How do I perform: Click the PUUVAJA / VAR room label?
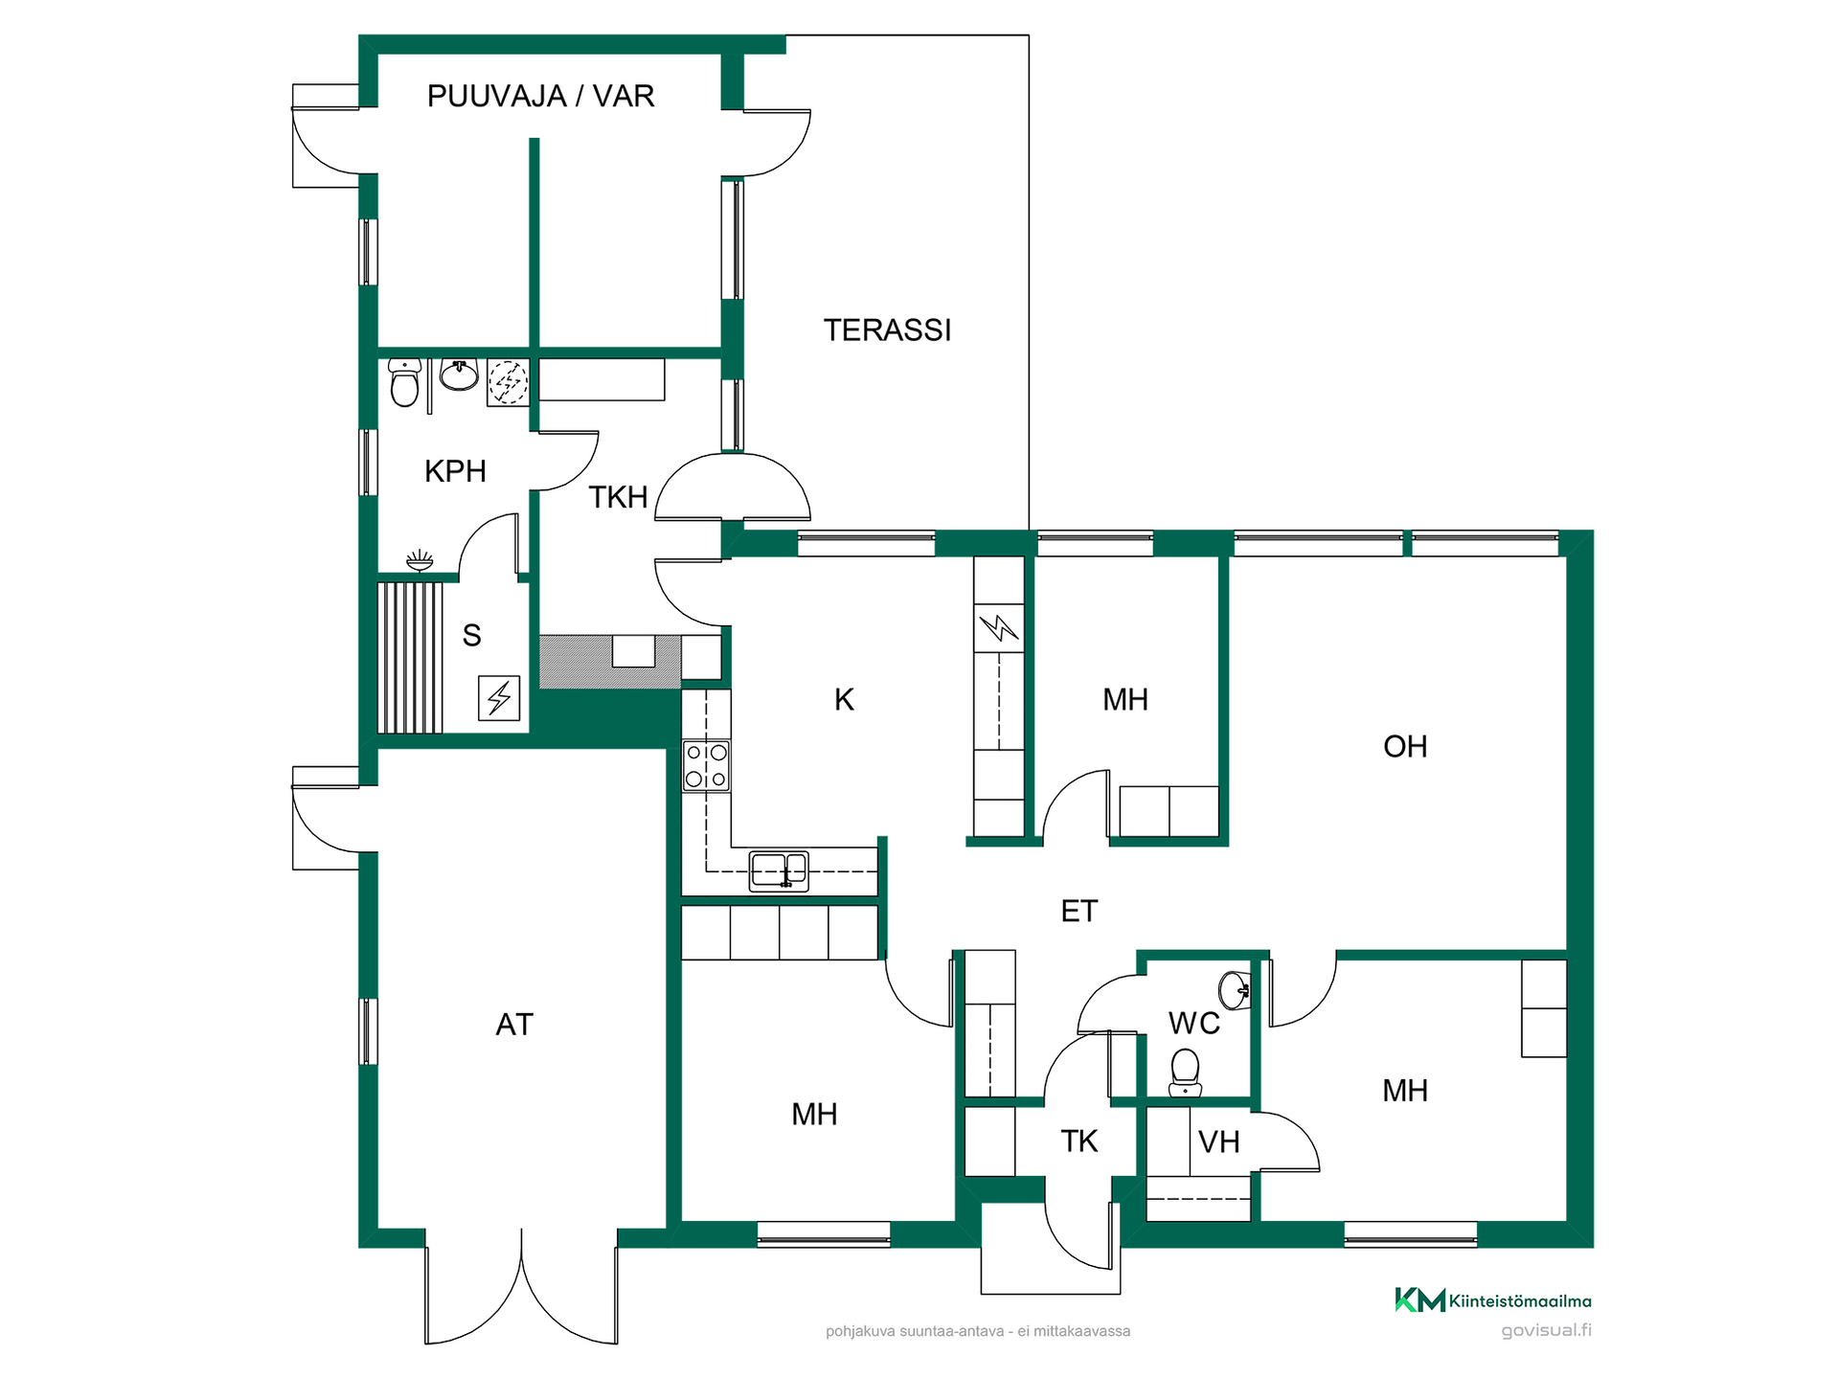pos(540,96)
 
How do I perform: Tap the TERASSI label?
pos(887,330)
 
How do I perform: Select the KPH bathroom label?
pos(455,471)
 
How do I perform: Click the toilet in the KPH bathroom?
pos(405,382)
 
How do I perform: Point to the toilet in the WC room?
pos(1186,1073)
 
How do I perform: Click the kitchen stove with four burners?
pos(706,766)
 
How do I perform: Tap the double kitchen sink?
pos(779,871)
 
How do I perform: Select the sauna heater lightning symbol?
pos(499,698)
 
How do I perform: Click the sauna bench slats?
pos(410,658)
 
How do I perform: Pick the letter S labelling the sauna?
pos(471,636)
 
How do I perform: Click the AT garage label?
pos(514,1025)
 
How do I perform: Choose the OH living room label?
pos(1405,747)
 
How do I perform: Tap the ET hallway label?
pos(1078,911)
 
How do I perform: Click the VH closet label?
pos(1219,1142)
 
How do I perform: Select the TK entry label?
pos(1079,1142)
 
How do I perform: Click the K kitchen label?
pos(844,700)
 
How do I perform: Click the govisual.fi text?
pos(1546,1330)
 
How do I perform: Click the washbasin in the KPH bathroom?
pos(459,375)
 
